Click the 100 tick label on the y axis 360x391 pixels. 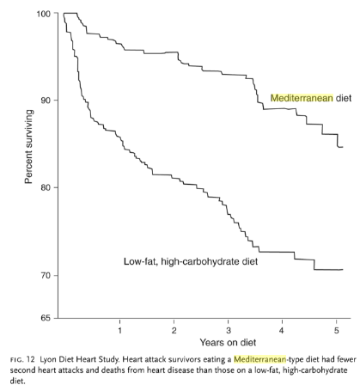point(44,14)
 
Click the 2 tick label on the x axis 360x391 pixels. point(174,331)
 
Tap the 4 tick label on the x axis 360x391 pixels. point(282,331)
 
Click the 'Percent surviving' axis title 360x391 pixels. point(29,147)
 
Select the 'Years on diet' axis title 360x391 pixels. point(228,342)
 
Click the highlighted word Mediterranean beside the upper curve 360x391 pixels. point(302,98)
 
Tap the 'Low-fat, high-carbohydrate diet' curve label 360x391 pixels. point(191,261)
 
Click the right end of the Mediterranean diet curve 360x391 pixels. point(343,147)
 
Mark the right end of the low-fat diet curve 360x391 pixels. point(343,269)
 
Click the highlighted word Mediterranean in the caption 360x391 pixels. point(259,359)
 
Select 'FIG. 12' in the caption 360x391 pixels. point(22,359)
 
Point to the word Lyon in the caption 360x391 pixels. point(46,360)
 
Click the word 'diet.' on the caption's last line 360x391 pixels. point(18,382)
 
